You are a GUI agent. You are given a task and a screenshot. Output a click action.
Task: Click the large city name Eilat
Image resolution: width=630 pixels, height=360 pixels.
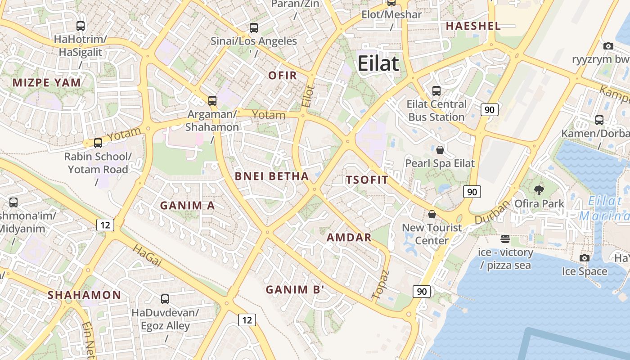coord(378,64)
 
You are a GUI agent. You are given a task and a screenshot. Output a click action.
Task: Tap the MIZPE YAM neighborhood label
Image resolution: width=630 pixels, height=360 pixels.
coord(47,83)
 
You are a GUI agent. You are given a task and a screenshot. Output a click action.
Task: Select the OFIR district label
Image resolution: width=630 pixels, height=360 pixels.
coord(283,76)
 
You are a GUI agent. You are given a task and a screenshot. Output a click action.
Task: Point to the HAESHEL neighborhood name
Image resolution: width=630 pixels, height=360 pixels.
coord(473,26)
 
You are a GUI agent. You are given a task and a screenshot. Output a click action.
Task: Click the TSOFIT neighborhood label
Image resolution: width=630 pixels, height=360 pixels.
coord(367,180)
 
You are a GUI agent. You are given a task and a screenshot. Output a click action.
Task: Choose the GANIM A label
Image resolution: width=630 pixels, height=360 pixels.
coord(188,206)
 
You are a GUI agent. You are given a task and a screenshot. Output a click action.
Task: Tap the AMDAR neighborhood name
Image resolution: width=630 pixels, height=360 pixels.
coord(349,238)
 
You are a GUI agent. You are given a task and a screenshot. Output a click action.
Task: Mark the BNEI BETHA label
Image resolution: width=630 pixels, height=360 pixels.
coord(272,176)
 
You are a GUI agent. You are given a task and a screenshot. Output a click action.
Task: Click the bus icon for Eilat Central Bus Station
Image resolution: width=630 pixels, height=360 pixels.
coord(436,91)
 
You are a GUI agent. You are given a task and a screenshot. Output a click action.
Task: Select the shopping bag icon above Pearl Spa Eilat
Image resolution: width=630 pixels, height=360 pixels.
coord(440,150)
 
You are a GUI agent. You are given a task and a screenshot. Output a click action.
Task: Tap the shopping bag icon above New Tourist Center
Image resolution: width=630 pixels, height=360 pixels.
coord(432,214)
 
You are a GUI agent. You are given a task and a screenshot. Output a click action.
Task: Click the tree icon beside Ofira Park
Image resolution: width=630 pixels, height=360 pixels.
coord(538,190)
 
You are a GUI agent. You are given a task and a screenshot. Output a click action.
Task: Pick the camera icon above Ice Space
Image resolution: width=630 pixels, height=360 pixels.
coord(585,258)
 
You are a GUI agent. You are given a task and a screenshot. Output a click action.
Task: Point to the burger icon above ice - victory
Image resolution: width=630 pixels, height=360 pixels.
coord(505,238)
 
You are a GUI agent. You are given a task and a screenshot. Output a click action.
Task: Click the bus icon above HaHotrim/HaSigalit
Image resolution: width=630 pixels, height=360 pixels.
coord(81,26)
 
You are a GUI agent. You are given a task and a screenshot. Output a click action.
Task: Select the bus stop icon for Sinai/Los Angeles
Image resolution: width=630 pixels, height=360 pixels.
coord(254,28)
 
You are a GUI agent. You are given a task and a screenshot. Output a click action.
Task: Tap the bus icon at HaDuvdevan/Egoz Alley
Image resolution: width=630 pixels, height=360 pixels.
coord(165,299)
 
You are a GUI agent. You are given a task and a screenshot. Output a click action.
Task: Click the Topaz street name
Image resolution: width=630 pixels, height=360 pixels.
coord(380,285)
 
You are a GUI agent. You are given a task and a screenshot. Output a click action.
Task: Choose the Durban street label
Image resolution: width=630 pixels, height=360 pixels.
coord(492,212)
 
